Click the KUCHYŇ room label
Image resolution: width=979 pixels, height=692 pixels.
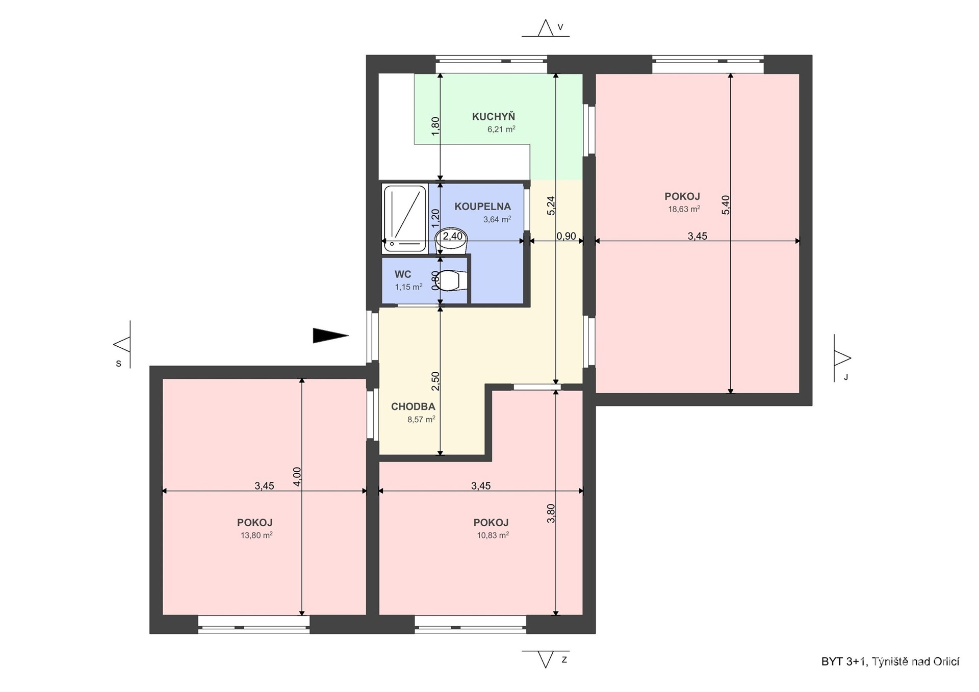point(493,117)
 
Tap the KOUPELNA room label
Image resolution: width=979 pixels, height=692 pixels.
point(482,207)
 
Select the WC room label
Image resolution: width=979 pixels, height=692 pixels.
point(402,274)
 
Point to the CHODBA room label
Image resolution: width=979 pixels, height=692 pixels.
point(413,406)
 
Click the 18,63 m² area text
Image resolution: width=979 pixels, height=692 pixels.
point(684,209)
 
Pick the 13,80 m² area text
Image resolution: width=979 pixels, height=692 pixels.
point(256,535)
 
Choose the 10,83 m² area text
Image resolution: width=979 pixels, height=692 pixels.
point(493,535)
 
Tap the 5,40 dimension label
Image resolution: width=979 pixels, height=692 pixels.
point(726,204)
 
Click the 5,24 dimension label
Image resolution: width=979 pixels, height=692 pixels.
point(551,206)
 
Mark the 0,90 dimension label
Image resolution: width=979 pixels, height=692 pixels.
point(566,236)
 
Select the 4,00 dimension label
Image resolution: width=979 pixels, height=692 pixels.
point(297,477)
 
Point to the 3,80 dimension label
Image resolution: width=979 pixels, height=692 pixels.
point(551,513)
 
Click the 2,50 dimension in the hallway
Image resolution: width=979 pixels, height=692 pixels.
point(435,381)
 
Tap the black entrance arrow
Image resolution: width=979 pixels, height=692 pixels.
point(330,335)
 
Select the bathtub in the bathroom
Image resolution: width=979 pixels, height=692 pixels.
point(405,218)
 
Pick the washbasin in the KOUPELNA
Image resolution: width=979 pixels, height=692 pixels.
point(450,240)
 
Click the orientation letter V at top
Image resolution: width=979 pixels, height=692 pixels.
point(560,28)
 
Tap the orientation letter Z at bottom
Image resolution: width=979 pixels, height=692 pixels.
point(564,660)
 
